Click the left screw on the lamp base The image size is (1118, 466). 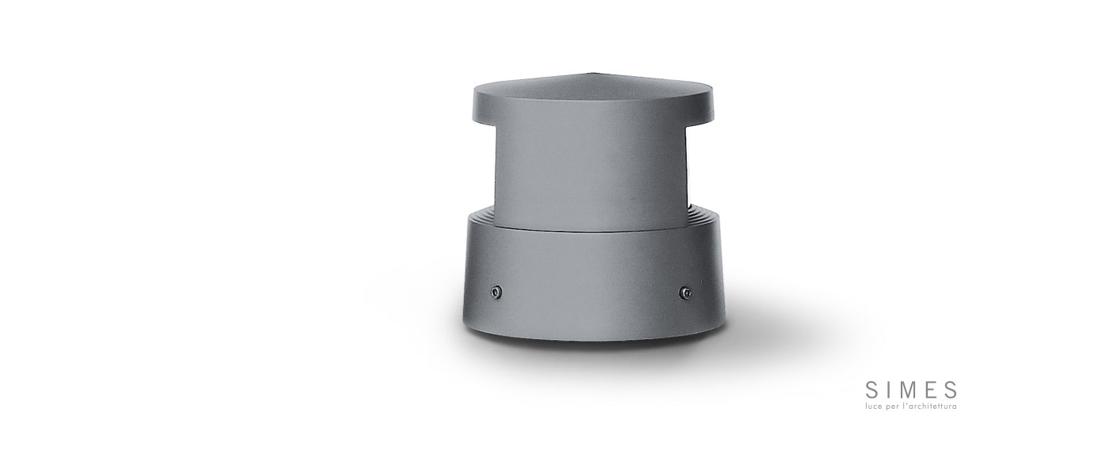click(496, 292)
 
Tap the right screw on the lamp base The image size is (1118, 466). click(687, 292)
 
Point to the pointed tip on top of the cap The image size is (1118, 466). click(592, 74)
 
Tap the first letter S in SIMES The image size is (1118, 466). click(871, 389)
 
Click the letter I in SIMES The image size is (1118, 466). click(889, 389)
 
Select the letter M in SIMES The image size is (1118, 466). click(910, 389)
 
